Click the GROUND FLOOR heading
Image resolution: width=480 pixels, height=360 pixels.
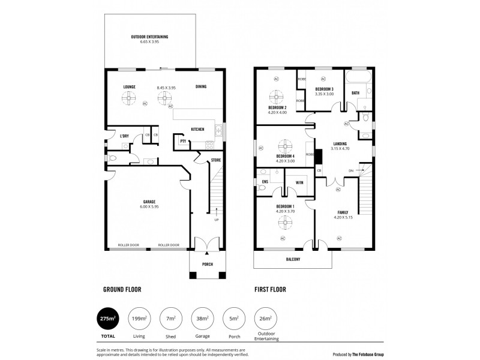(122, 289)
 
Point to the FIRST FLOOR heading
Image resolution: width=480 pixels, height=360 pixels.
(269, 289)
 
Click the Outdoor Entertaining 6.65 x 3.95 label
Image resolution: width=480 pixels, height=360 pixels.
(149, 40)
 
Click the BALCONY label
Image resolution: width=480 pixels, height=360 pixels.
(292, 260)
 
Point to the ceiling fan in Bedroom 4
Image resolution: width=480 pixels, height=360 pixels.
(283, 146)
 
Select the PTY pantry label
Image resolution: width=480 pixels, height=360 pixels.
(182, 141)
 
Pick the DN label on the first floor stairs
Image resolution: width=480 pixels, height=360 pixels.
(351, 171)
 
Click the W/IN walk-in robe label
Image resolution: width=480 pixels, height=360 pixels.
(299, 183)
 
